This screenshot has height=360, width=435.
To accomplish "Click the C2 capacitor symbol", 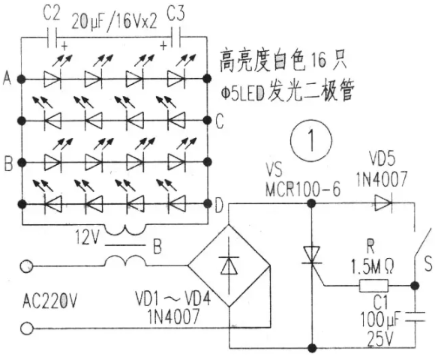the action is [52, 37].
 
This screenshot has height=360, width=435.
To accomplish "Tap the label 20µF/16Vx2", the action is [114, 22].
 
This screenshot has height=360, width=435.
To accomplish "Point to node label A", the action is [7, 79].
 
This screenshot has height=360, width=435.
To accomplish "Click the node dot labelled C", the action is [207, 120].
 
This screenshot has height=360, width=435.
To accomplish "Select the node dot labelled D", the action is [207, 204].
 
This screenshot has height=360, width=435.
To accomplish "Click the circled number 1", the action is [311, 139].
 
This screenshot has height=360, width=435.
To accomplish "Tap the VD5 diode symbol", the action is [383, 203].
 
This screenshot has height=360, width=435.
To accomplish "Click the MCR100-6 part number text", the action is [303, 190].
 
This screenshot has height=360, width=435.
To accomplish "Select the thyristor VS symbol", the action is [312, 255].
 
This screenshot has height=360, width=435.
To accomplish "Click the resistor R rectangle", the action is [373, 286].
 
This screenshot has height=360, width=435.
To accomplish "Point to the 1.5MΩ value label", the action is [372, 266].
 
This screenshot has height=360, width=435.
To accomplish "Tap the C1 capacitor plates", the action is [415, 316].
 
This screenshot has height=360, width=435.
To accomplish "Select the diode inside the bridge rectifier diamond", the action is [229, 265].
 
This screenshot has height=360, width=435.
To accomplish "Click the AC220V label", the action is [49, 301].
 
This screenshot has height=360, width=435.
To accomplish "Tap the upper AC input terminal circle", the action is [27, 266].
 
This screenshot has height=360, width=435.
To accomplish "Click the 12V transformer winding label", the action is [86, 238].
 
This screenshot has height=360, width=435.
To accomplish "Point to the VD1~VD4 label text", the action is [173, 299].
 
